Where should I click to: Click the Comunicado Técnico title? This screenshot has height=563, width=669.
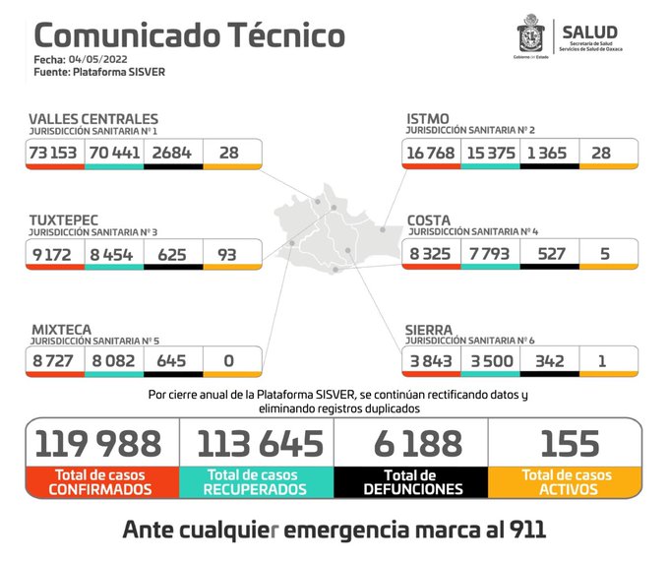(189, 35)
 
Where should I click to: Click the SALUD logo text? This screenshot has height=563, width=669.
(590, 31)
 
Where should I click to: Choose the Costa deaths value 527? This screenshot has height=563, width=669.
(549, 253)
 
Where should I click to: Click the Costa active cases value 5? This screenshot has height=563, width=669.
(608, 253)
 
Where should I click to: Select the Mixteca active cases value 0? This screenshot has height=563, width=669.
(229, 360)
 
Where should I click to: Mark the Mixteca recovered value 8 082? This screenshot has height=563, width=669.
(113, 360)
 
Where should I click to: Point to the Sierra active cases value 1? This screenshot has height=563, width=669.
(608, 360)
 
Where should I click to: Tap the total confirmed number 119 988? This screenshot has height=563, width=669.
(102, 444)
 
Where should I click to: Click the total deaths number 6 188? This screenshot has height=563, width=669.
(411, 444)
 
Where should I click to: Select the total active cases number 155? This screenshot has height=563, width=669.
(566, 444)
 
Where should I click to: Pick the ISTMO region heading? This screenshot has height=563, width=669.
(428, 118)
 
